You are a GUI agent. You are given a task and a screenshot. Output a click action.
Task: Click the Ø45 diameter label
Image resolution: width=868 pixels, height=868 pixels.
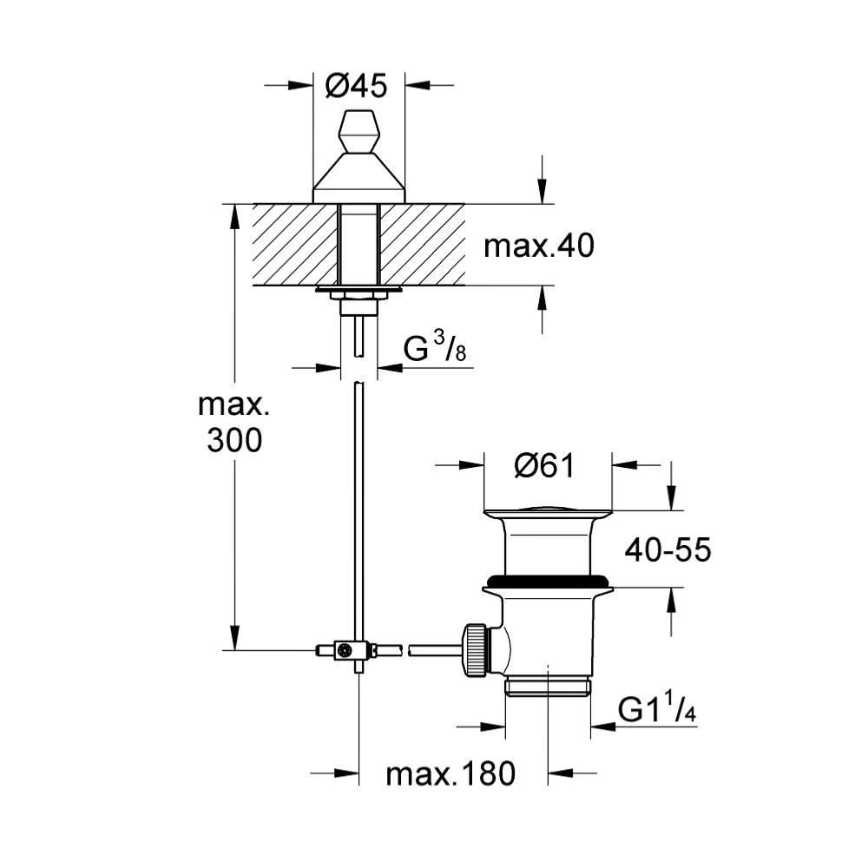(356, 86)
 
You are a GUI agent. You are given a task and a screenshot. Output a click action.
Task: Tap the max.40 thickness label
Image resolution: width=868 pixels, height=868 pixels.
(539, 246)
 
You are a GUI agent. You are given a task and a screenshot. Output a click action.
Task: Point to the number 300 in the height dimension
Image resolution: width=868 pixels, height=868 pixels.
(234, 441)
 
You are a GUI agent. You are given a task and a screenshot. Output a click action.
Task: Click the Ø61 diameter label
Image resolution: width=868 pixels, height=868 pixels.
(545, 465)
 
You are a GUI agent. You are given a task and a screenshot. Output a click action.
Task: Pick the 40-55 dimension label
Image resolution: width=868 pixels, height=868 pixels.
(667, 550)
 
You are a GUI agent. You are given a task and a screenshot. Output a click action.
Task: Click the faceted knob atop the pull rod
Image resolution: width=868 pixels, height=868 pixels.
(360, 132)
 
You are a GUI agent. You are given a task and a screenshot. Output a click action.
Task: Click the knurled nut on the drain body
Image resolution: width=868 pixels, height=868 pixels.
(476, 649)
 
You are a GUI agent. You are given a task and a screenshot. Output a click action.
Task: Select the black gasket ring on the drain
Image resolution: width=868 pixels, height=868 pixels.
(548, 582)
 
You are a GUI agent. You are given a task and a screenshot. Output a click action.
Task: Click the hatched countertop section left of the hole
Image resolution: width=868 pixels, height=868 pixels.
(295, 245)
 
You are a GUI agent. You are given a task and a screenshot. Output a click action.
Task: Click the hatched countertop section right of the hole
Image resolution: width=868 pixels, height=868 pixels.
(423, 245)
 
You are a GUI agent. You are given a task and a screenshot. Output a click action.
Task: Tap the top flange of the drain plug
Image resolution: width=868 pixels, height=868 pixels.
(548, 510)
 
